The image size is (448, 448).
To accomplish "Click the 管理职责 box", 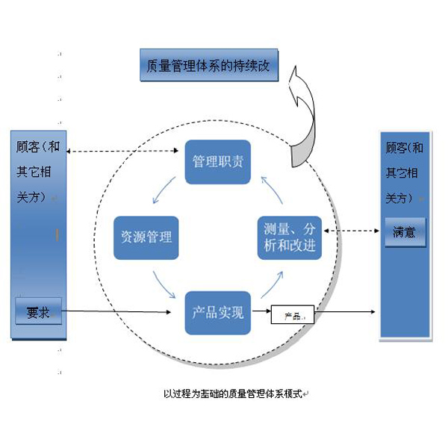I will [x=217, y=162].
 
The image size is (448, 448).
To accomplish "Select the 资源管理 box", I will [x=146, y=237].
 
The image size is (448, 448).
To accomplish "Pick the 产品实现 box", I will [x=217, y=312].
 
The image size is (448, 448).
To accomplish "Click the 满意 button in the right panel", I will [x=405, y=232].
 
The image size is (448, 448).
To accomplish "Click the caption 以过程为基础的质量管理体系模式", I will [x=234, y=393].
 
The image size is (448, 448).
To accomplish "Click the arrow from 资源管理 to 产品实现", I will [x=164, y=283].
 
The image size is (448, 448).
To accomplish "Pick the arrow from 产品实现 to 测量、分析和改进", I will [x=271, y=284].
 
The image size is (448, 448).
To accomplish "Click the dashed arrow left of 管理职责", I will [x=125, y=151].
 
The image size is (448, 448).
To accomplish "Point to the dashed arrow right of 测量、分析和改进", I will [x=350, y=231].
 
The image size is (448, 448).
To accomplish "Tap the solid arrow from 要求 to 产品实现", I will [x=123, y=311].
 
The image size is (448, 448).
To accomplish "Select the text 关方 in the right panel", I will [x=398, y=198].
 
